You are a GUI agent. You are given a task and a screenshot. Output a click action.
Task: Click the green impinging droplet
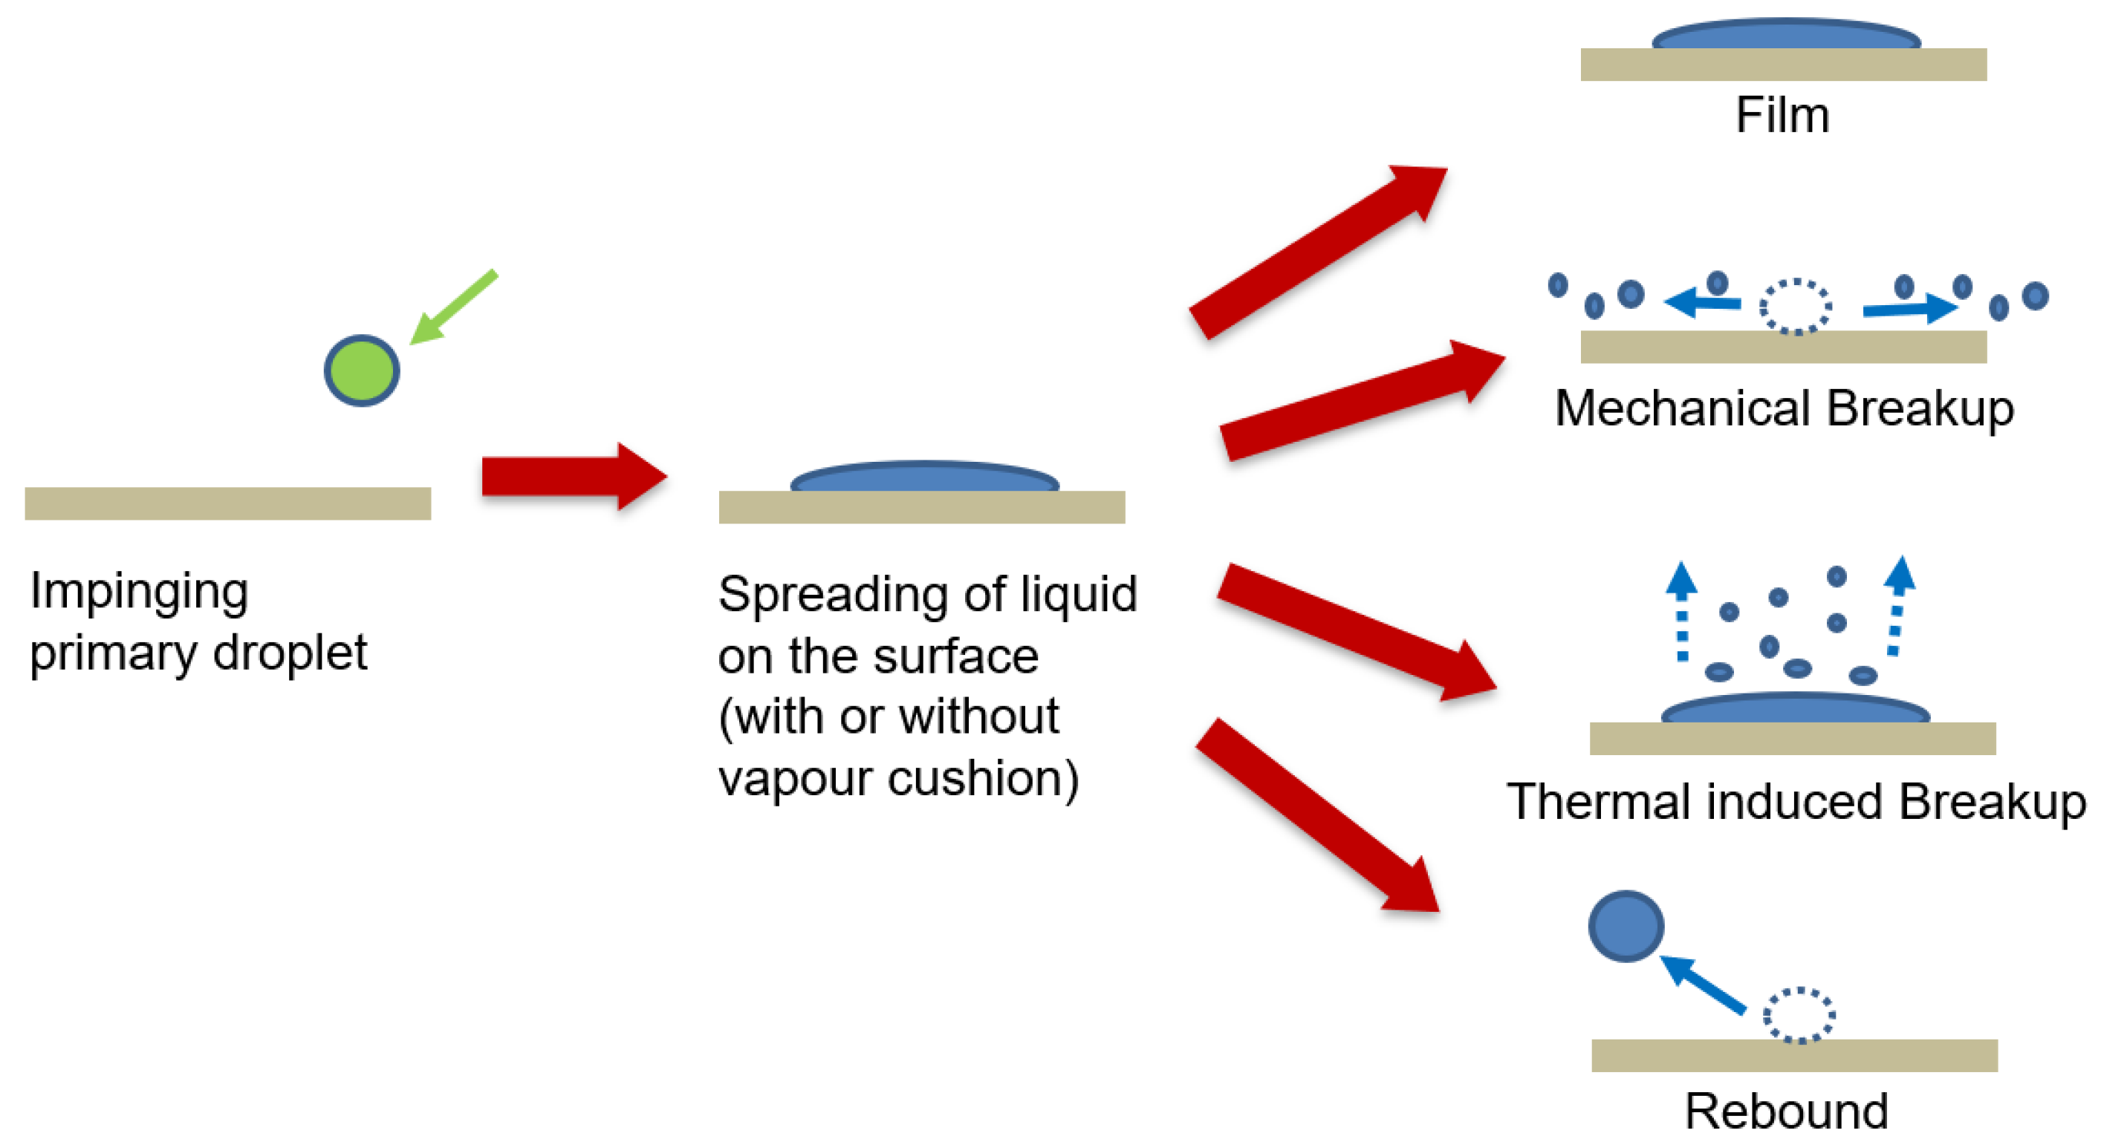pos(361,371)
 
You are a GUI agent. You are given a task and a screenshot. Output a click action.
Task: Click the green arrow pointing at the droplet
pos(453,307)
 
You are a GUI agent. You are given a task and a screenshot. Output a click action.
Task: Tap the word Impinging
pos(139,592)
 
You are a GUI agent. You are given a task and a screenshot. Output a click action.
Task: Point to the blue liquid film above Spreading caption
pos(924,477)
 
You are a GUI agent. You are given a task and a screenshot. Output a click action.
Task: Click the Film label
pos(1782,115)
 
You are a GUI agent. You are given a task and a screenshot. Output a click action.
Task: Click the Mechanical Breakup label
pos(1784,408)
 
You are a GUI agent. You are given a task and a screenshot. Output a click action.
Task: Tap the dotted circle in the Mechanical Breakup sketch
pos(1795,307)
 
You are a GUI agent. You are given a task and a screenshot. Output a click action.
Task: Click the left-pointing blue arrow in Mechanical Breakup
pos(1703,303)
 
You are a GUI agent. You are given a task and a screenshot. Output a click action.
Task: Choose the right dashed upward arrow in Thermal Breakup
pos(1899,605)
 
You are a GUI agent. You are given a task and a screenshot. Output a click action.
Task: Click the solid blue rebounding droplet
pos(1626,925)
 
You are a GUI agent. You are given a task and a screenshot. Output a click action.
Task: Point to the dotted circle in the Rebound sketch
pos(1799,1015)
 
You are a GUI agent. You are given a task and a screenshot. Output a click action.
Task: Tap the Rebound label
pos(1786,1111)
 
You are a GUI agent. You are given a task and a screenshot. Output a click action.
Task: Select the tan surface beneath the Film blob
pos(1783,65)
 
